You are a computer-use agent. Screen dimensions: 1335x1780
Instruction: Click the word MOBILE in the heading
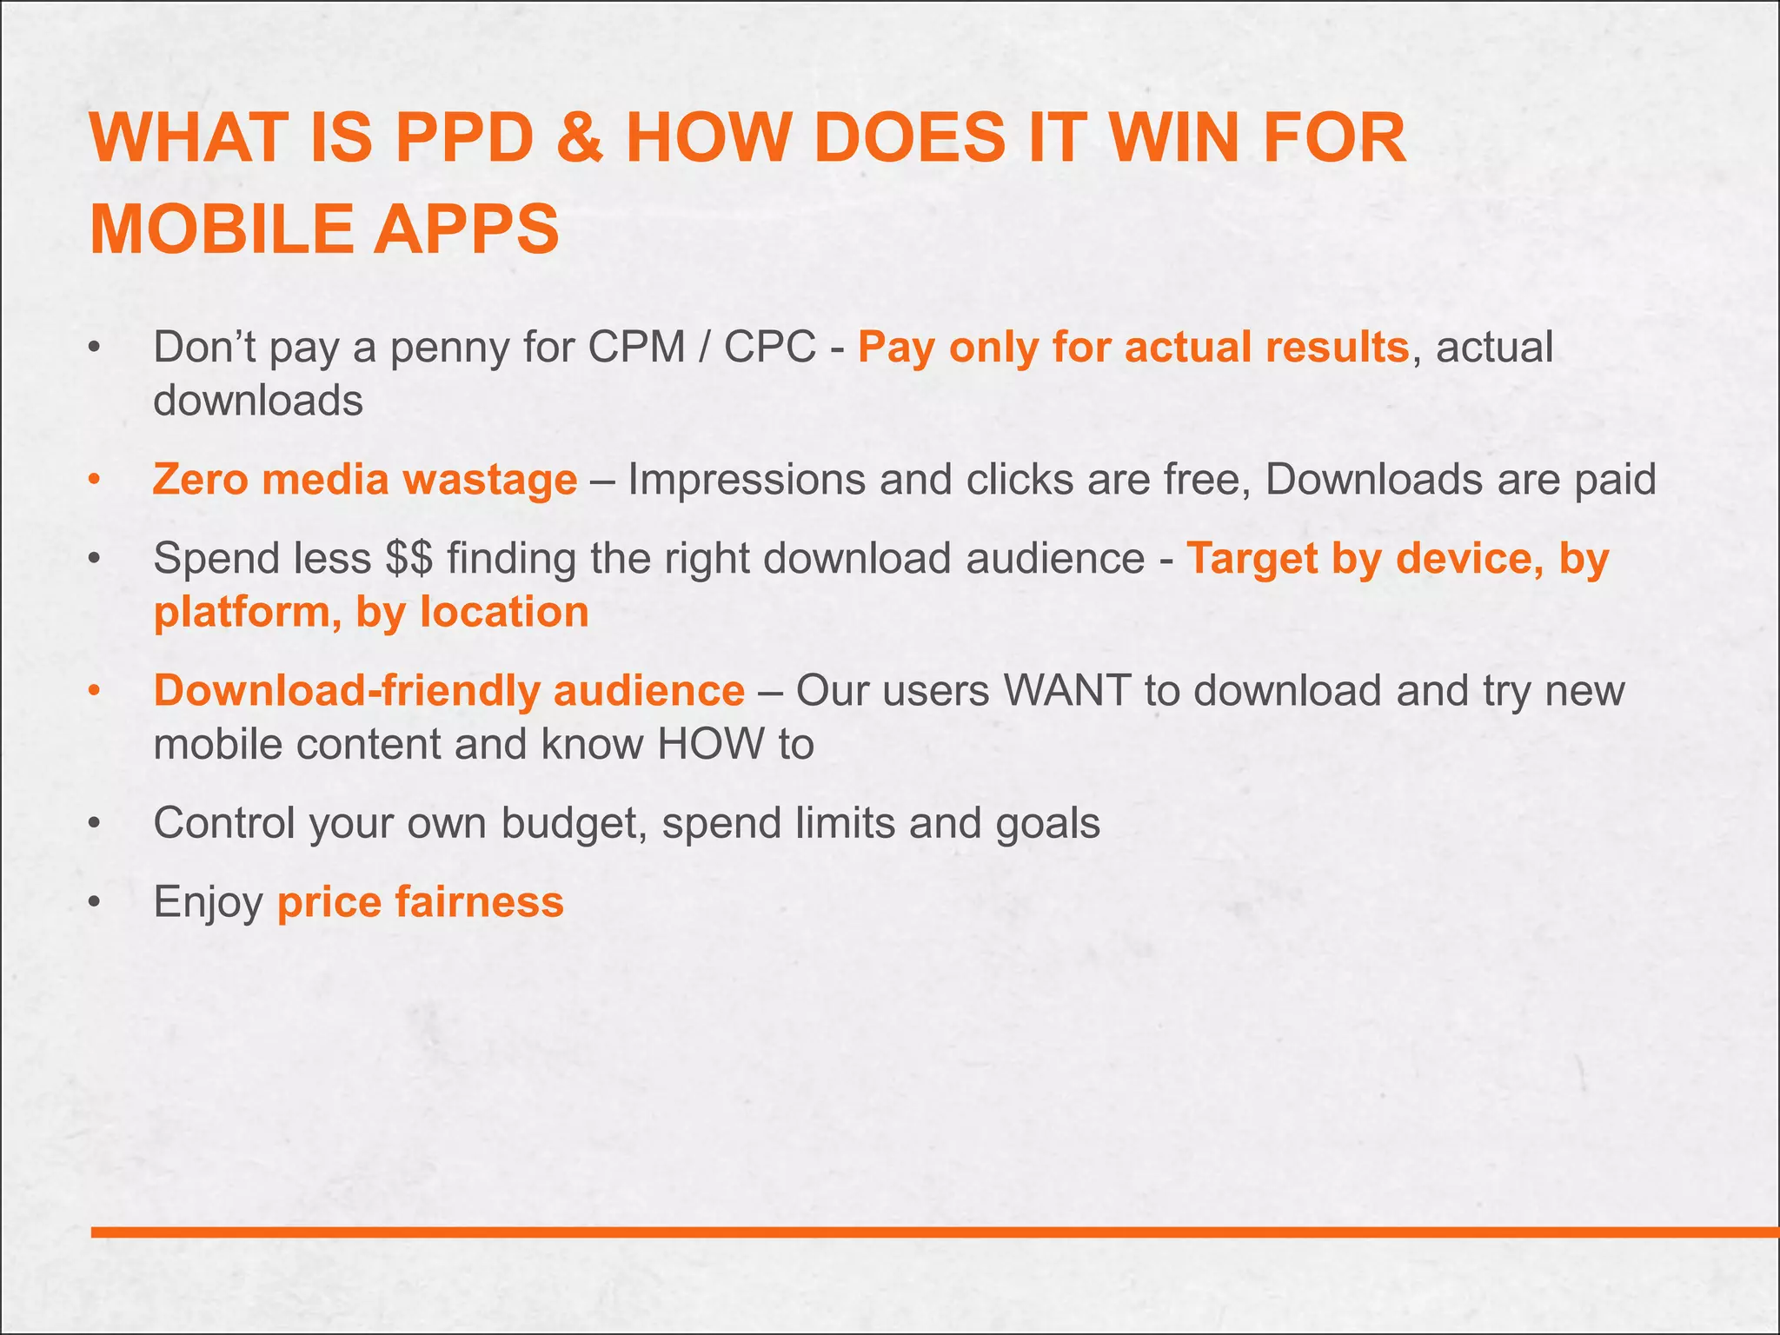(219, 229)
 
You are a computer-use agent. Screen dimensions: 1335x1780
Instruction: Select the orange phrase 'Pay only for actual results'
(1132, 347)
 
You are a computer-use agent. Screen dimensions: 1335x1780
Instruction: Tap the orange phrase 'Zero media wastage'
(365, 479)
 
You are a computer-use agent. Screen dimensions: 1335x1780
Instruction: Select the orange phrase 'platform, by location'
(371, 612)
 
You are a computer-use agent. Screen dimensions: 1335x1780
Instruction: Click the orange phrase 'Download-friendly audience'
(448, 691)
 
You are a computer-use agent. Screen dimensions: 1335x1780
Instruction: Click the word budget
(574, 822)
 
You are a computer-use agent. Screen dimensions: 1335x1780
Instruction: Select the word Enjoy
(208, 902)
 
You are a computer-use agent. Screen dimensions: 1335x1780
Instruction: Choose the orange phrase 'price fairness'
(421, 901)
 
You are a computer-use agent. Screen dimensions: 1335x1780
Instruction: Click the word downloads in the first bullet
(258, 401)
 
